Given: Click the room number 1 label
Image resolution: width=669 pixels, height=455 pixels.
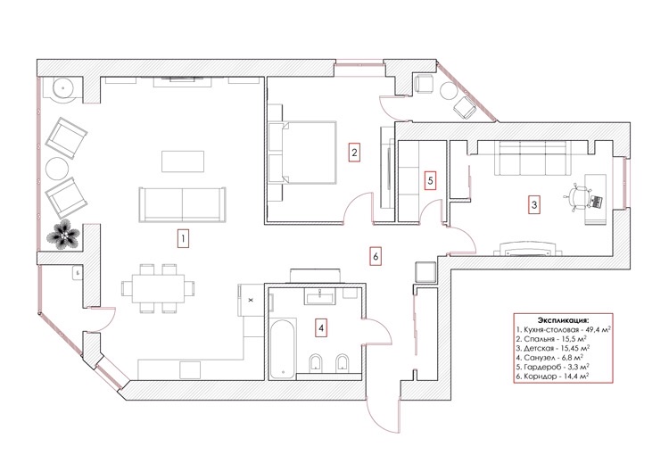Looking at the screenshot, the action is click(x=183, y=238).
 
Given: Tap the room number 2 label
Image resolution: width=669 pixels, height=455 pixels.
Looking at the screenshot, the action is click(x=354, y=153).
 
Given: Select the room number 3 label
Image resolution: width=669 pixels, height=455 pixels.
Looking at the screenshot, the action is click(x=534, y=204).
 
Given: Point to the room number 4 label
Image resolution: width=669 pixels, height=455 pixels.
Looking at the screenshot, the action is click(x=321, y=327).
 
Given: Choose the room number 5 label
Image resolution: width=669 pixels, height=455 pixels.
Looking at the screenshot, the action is click(x=430, y=180).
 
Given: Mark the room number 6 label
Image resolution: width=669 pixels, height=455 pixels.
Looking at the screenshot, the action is click(x=375, y=257).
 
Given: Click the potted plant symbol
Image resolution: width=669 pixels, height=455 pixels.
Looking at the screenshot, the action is click(x=63, y=234).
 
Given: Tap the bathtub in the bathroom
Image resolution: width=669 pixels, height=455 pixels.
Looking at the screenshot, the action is click(x=283, y=348).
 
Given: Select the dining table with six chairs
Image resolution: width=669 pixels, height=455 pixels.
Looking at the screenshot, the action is click(x=158, y=289).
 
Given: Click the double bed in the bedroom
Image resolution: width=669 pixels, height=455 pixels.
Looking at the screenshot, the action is click(x=302, y=153).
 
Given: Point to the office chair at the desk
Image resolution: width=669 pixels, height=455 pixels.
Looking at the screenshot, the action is click(x=577, y=197).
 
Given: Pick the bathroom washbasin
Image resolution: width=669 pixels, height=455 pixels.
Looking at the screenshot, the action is click(x=319, y=295).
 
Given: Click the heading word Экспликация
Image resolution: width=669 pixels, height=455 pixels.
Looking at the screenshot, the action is click(x=563, y=320).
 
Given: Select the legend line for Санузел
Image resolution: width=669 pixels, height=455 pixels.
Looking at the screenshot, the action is click(x=549, y=358).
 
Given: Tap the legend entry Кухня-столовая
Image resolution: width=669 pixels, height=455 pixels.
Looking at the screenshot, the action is click(x=564, y=330).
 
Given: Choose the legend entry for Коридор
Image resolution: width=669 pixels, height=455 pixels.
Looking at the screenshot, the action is click(x=552, y=376).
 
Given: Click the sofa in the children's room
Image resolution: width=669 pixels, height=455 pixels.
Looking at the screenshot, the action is click(x=533, y=158).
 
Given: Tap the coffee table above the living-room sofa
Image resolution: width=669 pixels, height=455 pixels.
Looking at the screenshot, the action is click(x=183, y=161).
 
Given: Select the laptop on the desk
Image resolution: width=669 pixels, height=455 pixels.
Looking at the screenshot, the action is click(x=596, y=202).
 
